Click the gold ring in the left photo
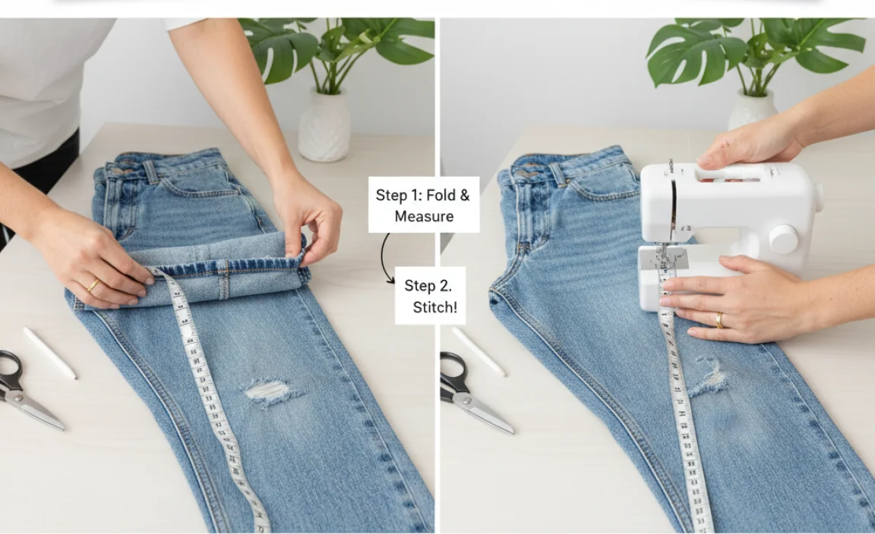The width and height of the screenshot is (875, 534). [x=93, y=286]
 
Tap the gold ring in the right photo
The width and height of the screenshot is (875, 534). [x=719, y=320]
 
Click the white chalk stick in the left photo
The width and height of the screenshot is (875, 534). [x=49, y=353]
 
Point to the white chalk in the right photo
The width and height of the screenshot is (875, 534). [x=479, y=350]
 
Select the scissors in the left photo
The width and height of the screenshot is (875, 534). [x=23, y=391]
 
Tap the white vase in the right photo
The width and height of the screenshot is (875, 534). [x=752, y=111]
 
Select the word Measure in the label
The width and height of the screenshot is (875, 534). [x=424, y=216]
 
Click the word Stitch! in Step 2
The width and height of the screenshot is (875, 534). [x=434, y=307]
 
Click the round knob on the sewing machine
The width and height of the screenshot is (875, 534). [x=782, y=240]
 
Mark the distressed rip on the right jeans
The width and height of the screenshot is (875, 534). [x=711, y=377]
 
